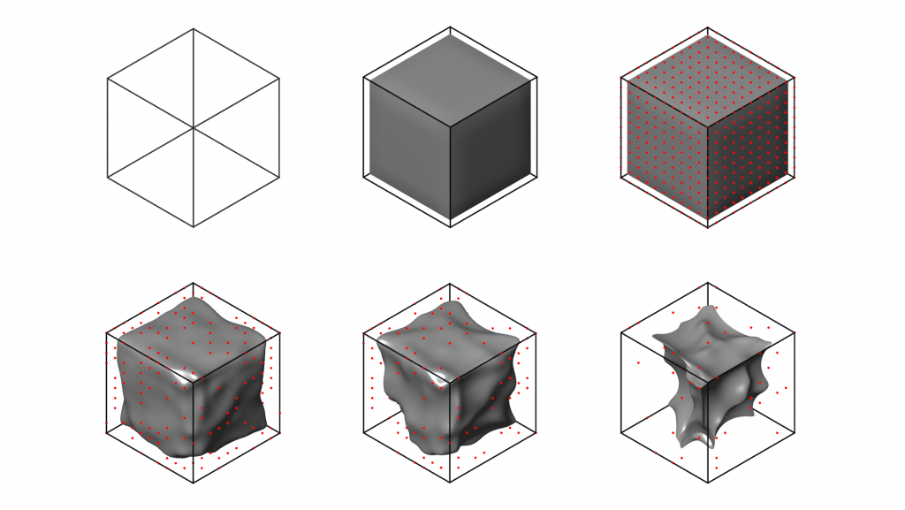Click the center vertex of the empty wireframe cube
click(194, 128)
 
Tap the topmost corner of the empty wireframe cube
click(194, 29)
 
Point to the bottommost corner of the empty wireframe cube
click(194, 227)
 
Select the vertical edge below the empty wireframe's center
click(194, 178)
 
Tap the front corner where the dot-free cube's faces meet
click(451, 129)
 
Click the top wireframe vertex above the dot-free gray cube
click(451, 29)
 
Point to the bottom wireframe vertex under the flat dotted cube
click(708, 227)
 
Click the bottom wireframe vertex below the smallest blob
click(708, 483)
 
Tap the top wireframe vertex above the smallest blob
click(708, 284)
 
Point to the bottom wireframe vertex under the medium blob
click(451, 483)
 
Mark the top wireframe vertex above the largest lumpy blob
click(194, 284)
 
